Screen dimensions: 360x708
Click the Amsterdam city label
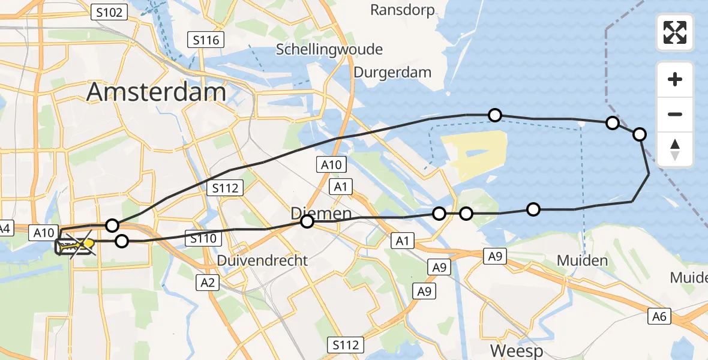click(x=157, y=92)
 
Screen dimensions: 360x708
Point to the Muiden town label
click(x=582, y=260)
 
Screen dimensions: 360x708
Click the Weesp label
click(x=516, y=350)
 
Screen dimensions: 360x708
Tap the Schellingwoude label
click(x=329, y=49)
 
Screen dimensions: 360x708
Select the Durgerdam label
click(x=392, y=73)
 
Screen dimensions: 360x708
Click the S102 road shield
click(x=109, y=11)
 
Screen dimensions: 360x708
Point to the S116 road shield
click(x=206, y=40)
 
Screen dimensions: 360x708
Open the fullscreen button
click(x=675, y=32)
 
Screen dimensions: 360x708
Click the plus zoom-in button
click(x=675, y=79)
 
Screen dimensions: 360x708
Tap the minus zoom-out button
click(x=675, y=114)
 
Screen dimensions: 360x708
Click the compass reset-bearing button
click(x=675, y=149)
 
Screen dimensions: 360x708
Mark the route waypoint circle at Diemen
click(x=307, y=222)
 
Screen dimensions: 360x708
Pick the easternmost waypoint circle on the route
click(x=640, y=134)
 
